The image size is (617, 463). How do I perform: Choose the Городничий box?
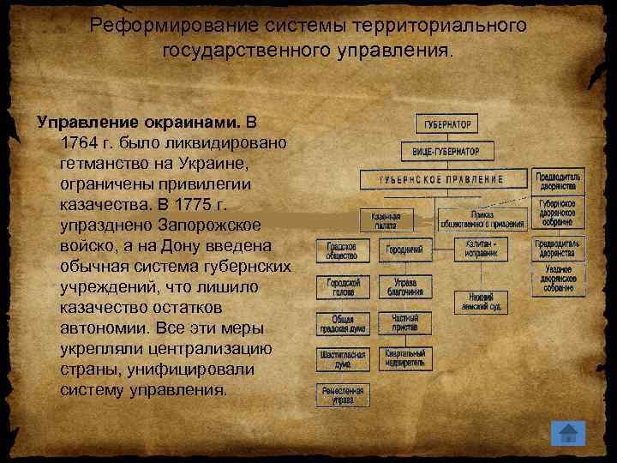404,250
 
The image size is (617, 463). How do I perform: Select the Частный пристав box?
404,322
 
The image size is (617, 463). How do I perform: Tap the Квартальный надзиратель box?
404,358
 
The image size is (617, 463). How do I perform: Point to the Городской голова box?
343,286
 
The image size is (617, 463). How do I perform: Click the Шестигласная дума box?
343,358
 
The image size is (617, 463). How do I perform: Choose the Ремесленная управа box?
343,394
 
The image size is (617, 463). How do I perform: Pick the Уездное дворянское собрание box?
559,279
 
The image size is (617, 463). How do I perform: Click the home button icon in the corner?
566,434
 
